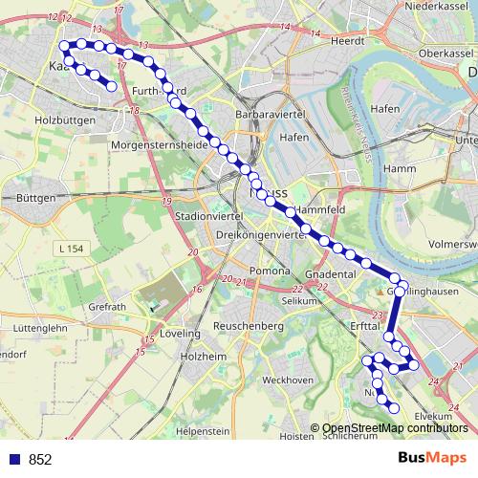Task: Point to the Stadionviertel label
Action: point(206,217)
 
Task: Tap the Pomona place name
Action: point(269,272)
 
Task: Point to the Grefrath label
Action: point(107,307)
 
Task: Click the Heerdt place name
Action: point(349,42)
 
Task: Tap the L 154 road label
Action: point(72,249)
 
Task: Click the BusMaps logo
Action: point(430,458)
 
